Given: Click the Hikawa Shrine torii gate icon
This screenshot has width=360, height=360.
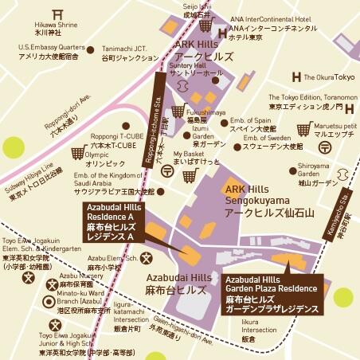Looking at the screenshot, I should coord(57,14).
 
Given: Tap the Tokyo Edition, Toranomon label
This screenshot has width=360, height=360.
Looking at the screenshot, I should coord(305,101).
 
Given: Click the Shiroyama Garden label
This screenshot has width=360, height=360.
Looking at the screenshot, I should coord(313,170).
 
